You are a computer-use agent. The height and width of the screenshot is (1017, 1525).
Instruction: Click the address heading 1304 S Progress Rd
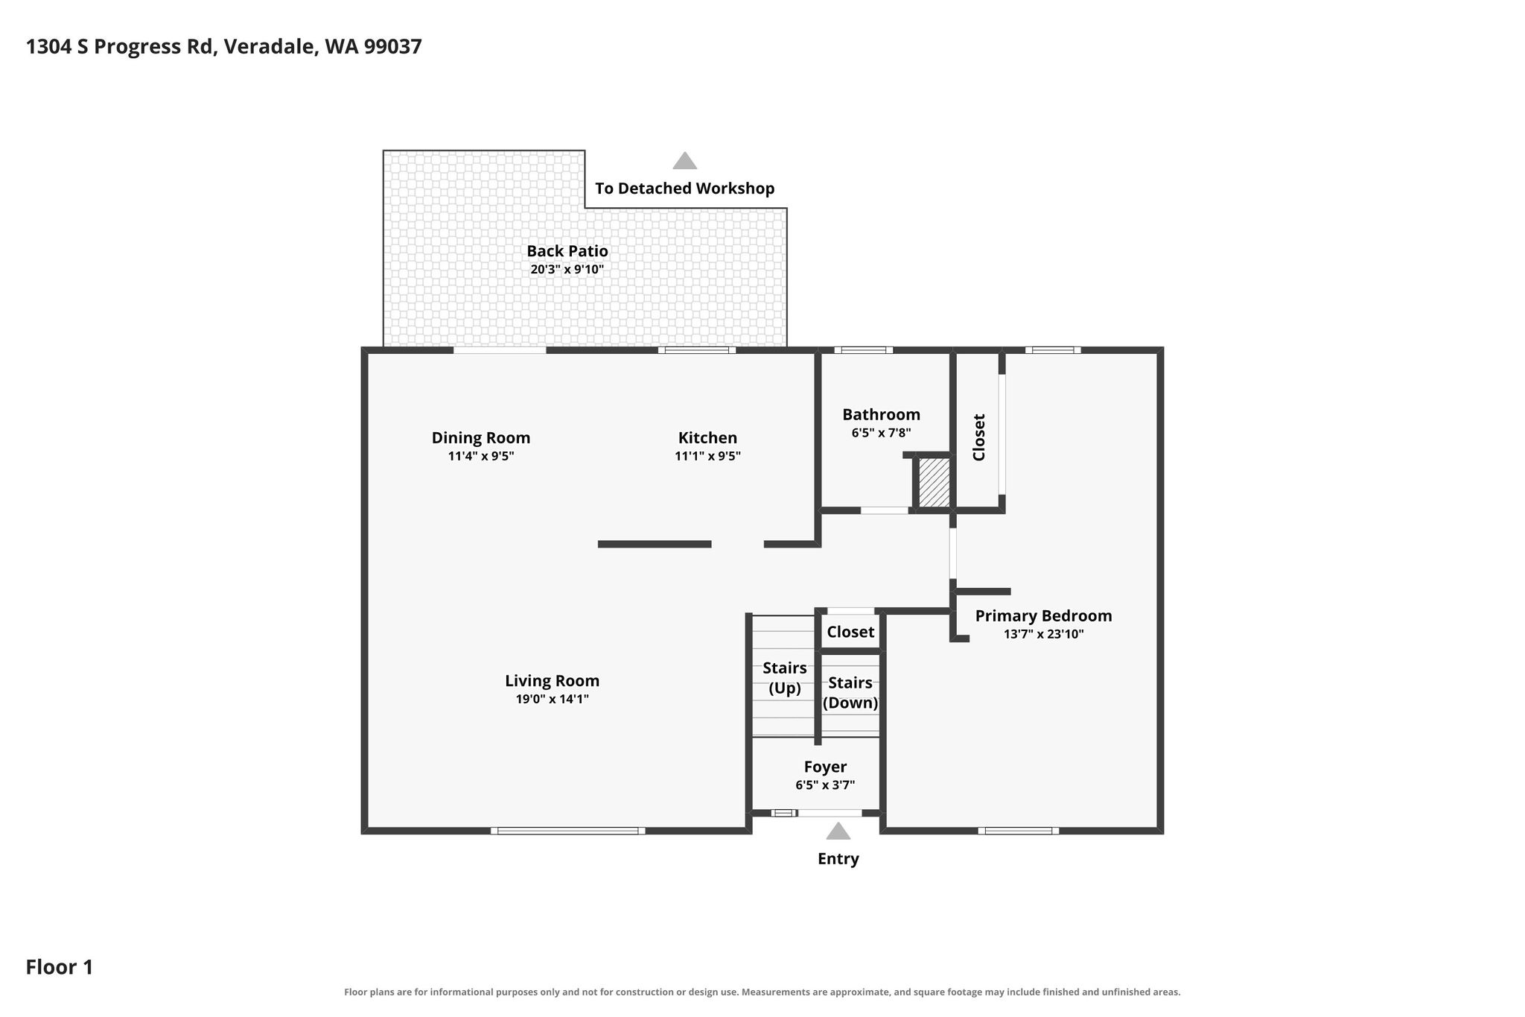[x=121, y=47]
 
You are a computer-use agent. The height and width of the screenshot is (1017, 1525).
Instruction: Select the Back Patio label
[x=567, y=251]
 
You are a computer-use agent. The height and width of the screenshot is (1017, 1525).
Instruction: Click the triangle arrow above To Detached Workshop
[x=685, y=160]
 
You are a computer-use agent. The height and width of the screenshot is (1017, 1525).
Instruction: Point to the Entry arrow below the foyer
[x=838, y=831]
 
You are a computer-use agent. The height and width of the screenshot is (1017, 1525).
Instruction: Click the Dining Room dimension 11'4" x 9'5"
[x=481, y=456]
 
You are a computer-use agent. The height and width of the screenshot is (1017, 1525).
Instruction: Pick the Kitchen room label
[x=707, y=438]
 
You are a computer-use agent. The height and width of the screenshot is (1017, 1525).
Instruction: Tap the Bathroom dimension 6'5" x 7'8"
[x=882, y=432]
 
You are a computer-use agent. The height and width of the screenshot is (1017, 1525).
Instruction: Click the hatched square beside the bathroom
[x=934, y=482]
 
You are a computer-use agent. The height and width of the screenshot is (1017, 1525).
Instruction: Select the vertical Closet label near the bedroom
[x=979, y=437]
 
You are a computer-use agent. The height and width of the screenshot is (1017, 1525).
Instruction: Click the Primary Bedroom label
[x=1043, y=616]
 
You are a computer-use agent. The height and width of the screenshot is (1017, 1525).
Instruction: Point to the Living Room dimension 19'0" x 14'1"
[x=553, y=699]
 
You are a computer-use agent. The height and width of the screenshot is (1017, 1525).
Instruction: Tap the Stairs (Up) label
[x=785, y=678]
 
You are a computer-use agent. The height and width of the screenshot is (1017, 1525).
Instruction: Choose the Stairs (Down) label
[x=850, y=693]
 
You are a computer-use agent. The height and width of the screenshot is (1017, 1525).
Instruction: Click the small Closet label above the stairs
[x=850, y=632]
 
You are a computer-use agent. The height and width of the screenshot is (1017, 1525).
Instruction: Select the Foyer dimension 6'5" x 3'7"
[x=825, y=785]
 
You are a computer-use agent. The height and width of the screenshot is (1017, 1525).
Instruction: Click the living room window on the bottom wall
[x=568, y=831]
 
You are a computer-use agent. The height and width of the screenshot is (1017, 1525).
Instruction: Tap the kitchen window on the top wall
[x=697, y=350]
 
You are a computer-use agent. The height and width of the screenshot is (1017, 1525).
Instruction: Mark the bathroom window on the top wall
[x=864, y=350]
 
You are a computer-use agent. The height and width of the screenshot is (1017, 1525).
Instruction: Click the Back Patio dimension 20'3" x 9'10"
[x=567, y=270]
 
